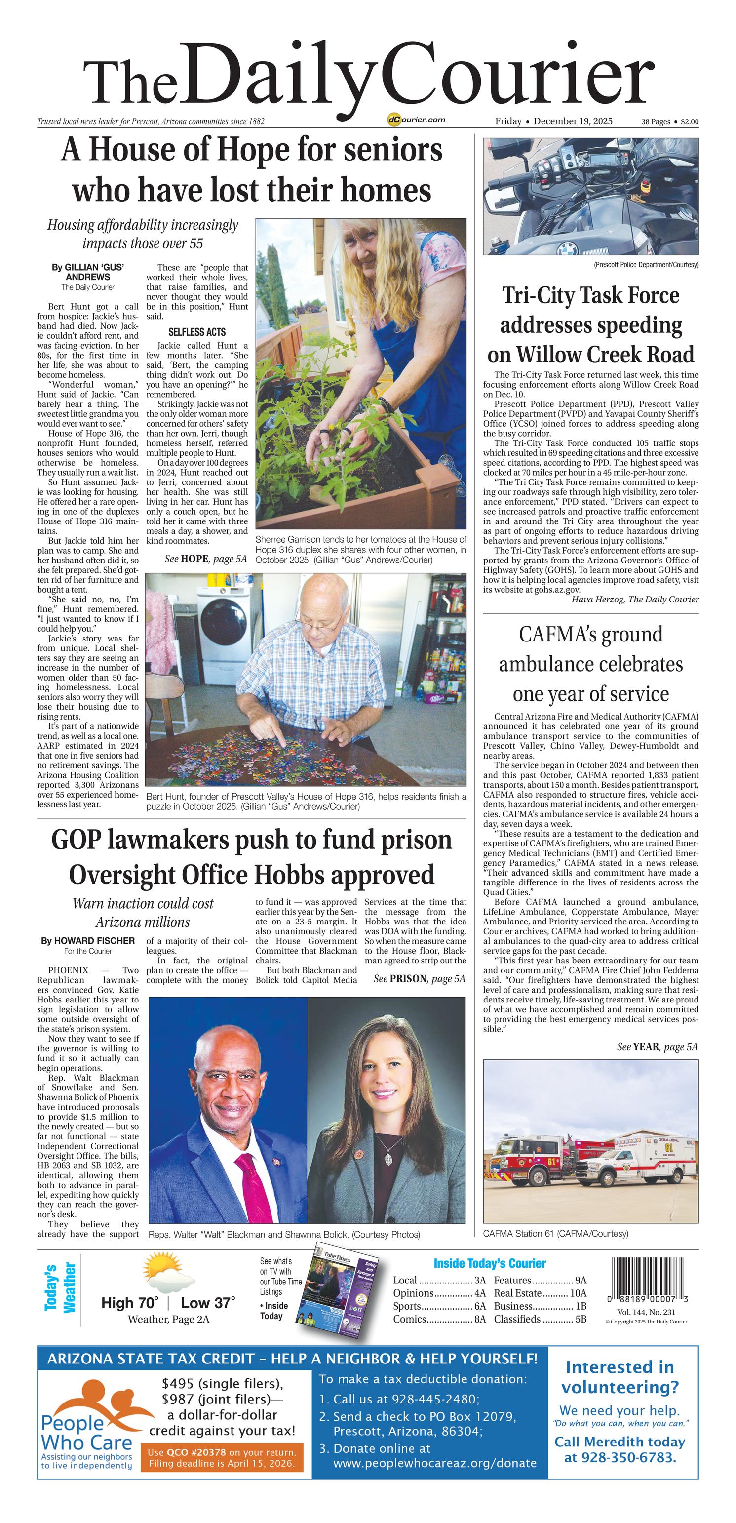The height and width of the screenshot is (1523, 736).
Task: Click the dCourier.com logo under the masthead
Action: tap(416, 120)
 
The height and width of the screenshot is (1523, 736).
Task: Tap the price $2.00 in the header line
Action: tap(689, 122)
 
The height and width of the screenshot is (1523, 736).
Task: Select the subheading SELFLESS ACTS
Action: tap(197, 332)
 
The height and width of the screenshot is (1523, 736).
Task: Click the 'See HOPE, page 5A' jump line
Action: tap(205, 559)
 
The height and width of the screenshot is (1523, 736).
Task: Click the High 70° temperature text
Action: tap(129, 1303)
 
